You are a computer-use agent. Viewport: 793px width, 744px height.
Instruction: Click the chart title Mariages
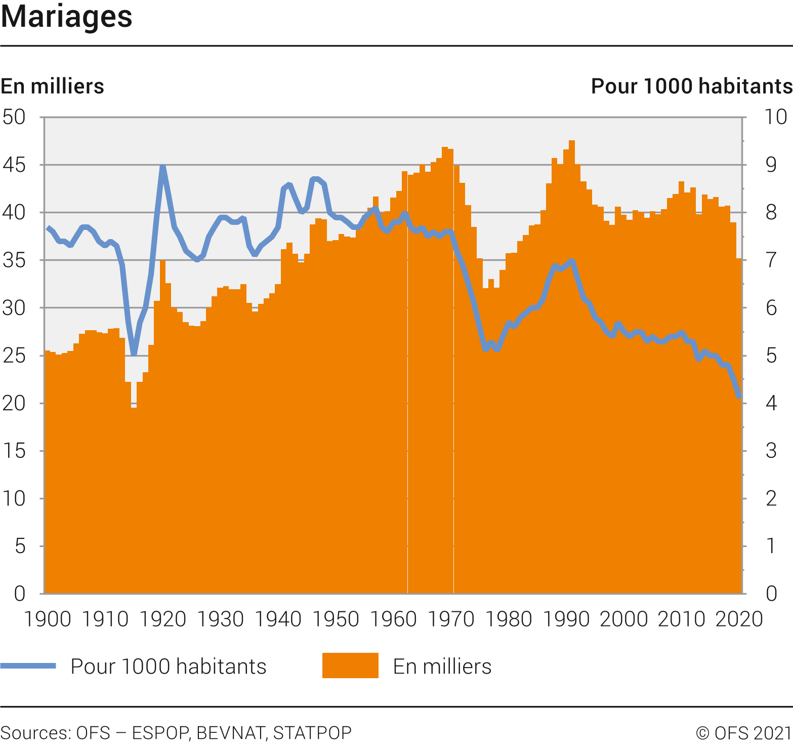66,17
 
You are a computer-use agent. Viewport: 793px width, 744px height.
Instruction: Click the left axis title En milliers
52,86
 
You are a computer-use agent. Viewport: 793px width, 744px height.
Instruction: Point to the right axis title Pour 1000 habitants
691,86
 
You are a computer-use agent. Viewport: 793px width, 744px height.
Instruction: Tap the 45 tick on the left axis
14,165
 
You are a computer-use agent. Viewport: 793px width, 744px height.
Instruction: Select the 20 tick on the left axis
14,403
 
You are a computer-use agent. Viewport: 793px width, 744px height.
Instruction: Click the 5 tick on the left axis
20,546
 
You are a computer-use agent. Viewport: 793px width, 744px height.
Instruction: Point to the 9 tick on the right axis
771,165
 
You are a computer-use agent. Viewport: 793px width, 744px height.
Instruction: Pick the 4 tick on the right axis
771,403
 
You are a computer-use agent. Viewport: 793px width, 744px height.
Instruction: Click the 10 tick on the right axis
775,117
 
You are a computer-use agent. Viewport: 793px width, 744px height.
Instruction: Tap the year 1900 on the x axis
48,619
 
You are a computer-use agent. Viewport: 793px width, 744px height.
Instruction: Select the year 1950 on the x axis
336,619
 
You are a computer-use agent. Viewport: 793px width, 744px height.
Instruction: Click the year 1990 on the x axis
566,619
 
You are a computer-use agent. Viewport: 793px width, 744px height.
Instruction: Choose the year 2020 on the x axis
738,619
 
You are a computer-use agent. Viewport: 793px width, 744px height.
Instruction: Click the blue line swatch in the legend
28,666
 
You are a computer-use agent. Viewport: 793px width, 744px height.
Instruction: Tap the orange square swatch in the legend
350,665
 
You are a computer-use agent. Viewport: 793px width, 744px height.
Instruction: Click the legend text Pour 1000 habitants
168,667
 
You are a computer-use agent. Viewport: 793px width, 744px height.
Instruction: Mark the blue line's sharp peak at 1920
162,166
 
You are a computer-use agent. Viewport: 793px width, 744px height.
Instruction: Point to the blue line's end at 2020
739,397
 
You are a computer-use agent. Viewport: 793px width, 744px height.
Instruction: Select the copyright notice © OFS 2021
743,733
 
